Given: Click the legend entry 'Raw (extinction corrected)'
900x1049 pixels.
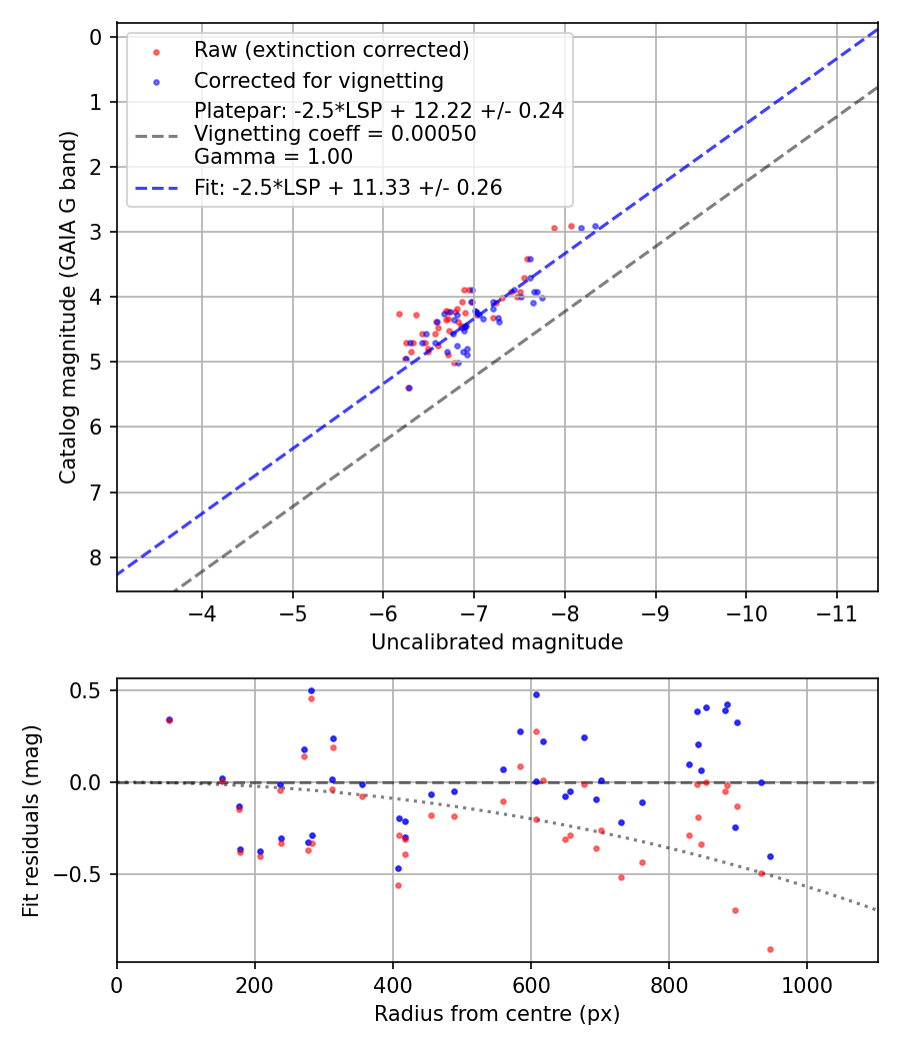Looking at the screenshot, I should pyautogui.click(x=331, y=50).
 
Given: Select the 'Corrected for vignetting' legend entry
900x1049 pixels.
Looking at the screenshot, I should pyautogui.click(x=319, y=80).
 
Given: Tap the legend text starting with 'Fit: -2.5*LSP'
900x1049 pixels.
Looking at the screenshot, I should pyautogui.click(x=348, y=187).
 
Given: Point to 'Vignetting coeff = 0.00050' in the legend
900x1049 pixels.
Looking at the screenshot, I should pyautogui.click(x=335, y=134).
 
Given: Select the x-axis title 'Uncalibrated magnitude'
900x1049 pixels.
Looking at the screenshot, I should pyautogui.click(x=497, y=642).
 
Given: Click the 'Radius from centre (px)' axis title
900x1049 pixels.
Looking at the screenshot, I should pyautogui.click(x=497, y=1014).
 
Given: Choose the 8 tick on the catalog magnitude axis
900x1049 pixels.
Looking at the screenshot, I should pyautogui.click(x=96, y=557).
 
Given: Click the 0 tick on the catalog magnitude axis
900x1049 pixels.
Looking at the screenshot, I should pyautogui.click(x=96, y=37).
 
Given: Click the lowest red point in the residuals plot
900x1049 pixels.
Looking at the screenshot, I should pyautogui.click(x=770, y=949).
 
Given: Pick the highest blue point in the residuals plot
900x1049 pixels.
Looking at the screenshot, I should pyautogui.click(x=311, y=690).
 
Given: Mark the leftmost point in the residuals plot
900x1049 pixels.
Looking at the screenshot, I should pyautogui.click(x=169, y=719).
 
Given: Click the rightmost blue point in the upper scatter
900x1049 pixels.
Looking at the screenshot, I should pyautogui.click(x=596, y=227).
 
